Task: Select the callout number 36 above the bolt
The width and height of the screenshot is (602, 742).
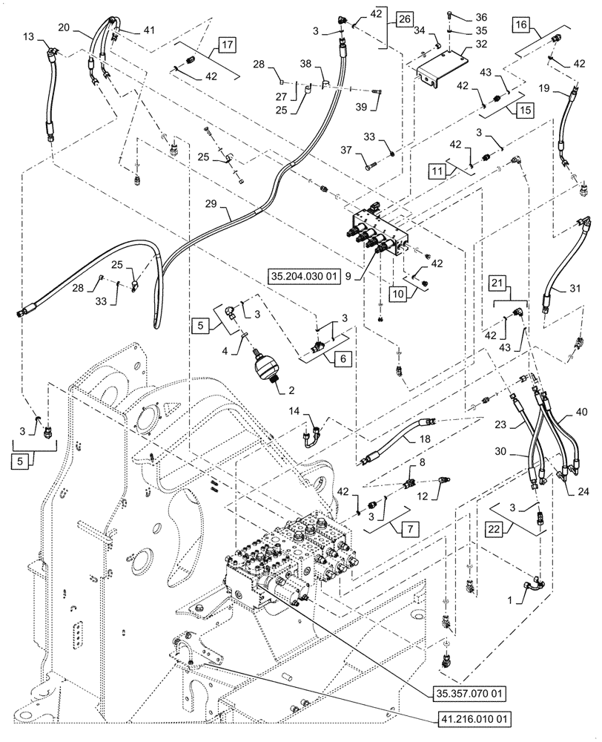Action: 482,17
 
